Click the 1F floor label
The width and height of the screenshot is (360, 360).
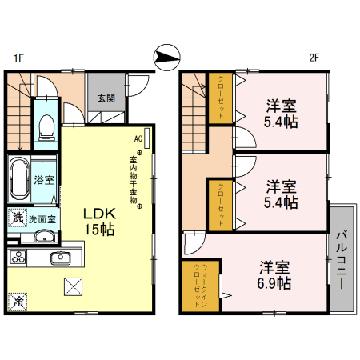(x=17, y=58)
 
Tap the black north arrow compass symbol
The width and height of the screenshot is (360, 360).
(x=166, y=56)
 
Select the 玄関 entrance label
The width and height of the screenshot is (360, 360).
(x=106, y=98)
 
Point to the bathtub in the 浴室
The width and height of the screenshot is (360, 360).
(x=20, y=178)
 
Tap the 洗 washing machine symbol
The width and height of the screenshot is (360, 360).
(x=16, y=217)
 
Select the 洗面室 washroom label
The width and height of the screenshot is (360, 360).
(x=42, y=218)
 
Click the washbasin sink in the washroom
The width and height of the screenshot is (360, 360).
(x=45, y=237)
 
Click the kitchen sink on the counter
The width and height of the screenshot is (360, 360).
(x=60, y=258)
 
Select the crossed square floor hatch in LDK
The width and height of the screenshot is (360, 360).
(x=74, y=286)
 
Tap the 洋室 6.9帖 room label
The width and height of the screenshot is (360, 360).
(x=274, y=274)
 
